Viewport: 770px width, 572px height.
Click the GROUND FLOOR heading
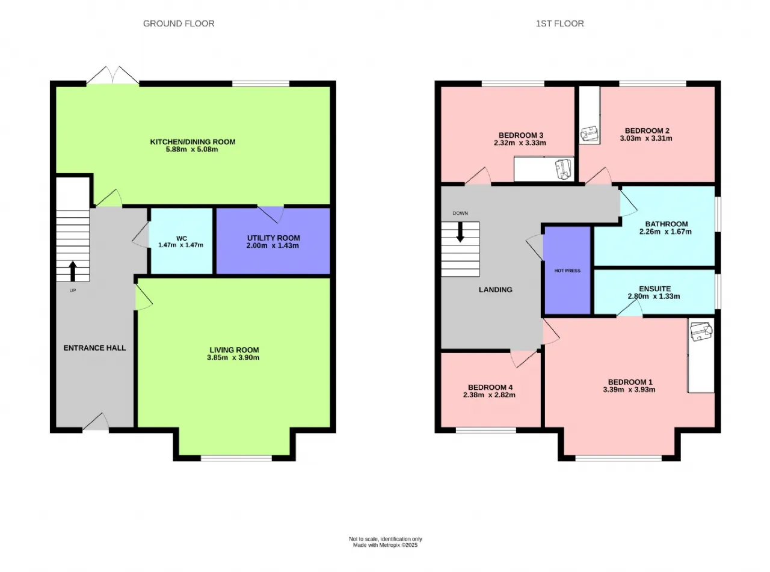point(179,23)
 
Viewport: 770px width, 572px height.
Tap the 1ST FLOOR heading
point(559,23)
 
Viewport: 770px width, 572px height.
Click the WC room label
point(182,238)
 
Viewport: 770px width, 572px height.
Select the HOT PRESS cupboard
point(567,271)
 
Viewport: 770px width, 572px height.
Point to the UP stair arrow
point(73,271)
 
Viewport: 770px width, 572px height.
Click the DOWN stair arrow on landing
point(460,232)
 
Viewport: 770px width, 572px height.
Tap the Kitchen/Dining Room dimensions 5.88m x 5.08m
point(192,149)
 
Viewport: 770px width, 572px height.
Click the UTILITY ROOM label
point(274,238)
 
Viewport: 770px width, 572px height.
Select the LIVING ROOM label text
point(234,350)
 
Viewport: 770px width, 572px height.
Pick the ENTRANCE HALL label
point(94,348)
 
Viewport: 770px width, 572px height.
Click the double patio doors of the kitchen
point(113,75)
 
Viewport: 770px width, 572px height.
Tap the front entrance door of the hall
point(96,422)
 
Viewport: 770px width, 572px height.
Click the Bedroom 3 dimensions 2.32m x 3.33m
point(520,143)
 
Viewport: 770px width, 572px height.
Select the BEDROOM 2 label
point(647,131)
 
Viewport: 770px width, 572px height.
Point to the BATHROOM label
point(667,224)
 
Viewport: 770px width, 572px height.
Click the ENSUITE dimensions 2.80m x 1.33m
point(654,296)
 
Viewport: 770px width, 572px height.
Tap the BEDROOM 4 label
point(490,387)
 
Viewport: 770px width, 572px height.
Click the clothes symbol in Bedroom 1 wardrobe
point(701,331)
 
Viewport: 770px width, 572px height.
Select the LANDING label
point(496,289)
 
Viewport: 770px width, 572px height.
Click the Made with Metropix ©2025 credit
point(386,545)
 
